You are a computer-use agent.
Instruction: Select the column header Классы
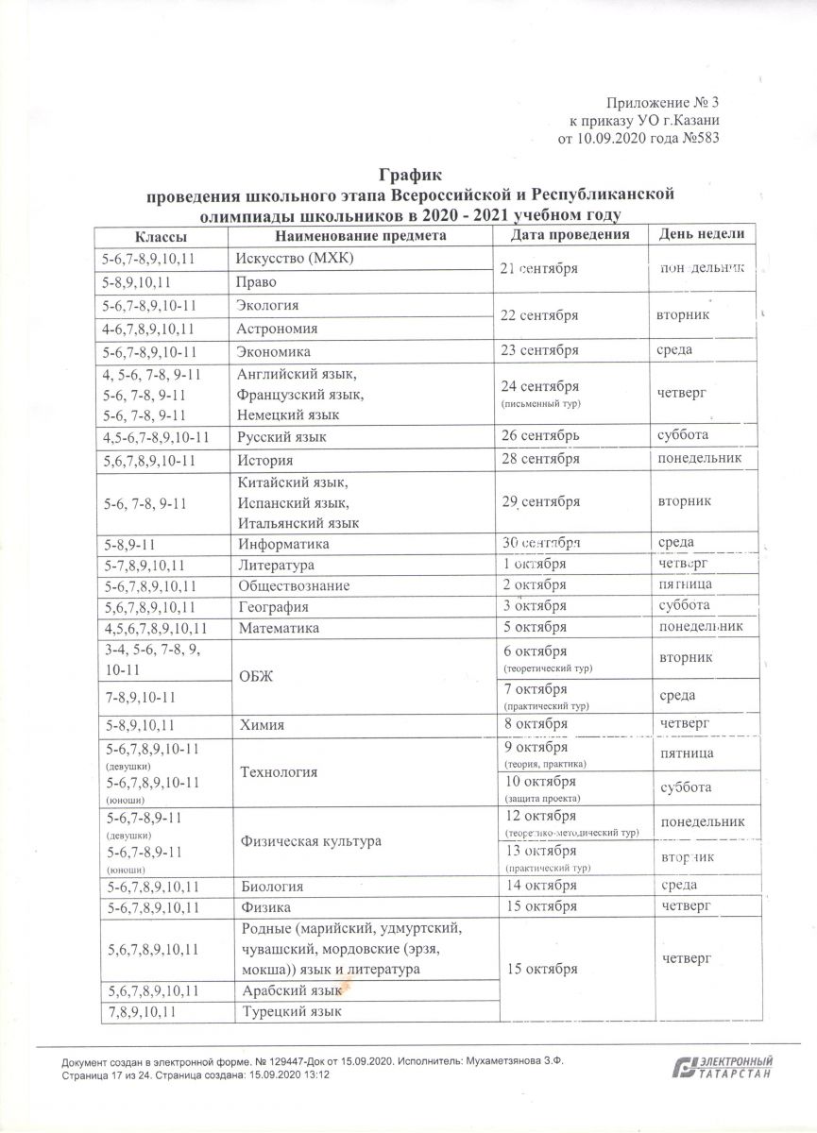(159, 235)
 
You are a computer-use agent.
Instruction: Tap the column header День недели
(702, 234)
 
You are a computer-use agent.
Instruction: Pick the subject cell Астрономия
(277, 329)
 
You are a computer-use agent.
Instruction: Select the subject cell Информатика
(283, 544)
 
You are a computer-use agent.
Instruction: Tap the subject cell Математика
(279, 627)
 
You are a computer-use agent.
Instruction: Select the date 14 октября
(541, 886)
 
